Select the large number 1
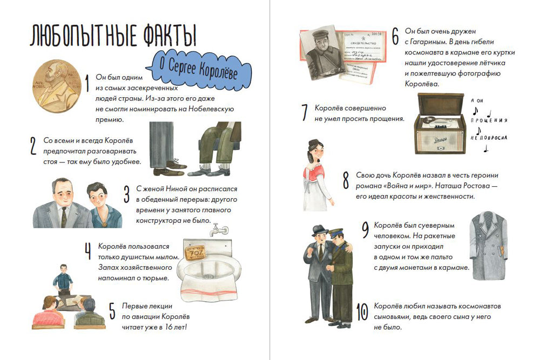[x=87, y=84]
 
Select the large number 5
[x=112, y=311]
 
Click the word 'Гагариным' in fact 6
[x=427, y=41]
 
